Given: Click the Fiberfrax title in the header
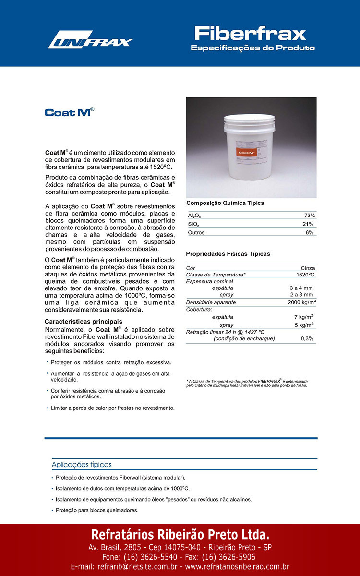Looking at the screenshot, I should pos(250,34).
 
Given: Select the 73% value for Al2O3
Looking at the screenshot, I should pos(310,216).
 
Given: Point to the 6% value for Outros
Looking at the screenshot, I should pos(310,233).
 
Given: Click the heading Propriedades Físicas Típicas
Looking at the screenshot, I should pos(228,254).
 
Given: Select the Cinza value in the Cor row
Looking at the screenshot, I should pos(308,268).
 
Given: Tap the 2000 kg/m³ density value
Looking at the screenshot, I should pos(301,302).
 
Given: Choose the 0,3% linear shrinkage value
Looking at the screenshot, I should pos(307,338).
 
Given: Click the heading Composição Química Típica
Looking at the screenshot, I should pos(225,203).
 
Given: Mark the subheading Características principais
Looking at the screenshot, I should pos(84,321).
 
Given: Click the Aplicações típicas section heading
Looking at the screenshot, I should pos(82,465).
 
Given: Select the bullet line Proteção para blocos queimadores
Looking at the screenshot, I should pos(97,510).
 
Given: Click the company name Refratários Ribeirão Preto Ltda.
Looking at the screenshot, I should pos(180,535).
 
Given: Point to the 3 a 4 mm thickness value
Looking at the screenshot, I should pos(301,288).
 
